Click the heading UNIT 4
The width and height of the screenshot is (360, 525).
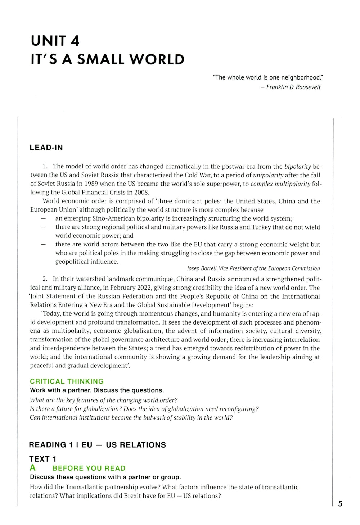point(55,41)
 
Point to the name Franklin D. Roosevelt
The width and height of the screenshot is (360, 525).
point(293,87)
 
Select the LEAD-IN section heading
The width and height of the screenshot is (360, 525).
point(46,148)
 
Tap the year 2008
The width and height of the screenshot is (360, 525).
point(141,193)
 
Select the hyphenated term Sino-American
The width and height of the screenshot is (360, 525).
point(113,218)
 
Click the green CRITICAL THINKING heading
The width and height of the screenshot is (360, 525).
point(67,381)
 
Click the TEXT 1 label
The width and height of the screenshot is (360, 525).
point(43,459)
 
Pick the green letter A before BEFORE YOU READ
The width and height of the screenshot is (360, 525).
point(33,468)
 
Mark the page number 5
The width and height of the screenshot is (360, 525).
point(340,504)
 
